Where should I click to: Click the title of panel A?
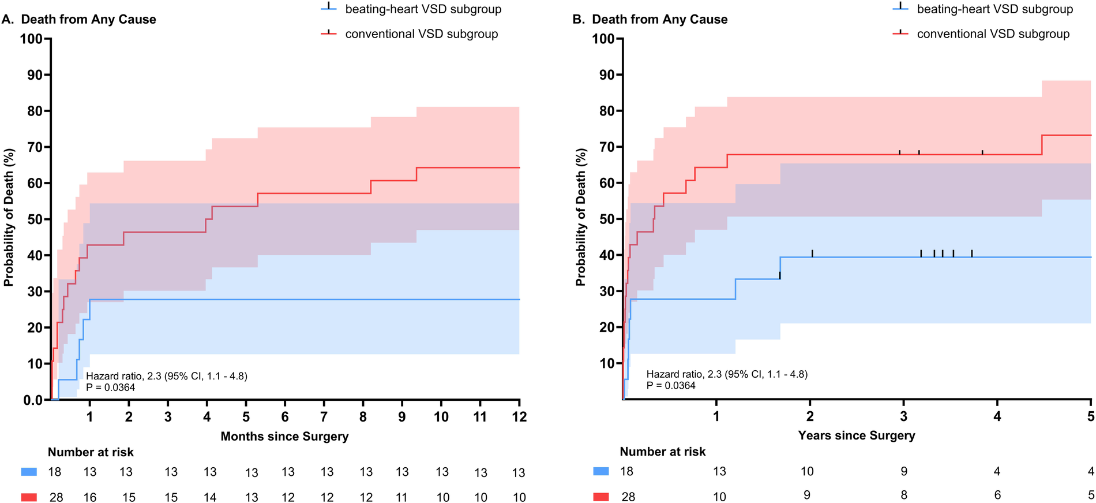[x=79, y=20]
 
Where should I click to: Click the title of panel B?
[x=650, y=20]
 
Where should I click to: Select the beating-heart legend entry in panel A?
[x=423, y=9]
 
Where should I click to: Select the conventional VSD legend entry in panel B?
[x=993, y=34]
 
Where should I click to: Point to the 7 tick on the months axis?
[x=324, y=416]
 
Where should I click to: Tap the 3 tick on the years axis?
[x=903, y=416]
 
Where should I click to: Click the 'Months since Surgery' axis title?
[x=284, y=437]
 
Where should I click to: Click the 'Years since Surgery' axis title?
[x=856, y=435]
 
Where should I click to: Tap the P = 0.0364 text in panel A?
[x=111, y=388]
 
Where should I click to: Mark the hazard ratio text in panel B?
[x=727, y=374]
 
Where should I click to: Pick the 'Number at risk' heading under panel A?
[x=91, y=452]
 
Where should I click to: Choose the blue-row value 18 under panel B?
[x=626, y=472]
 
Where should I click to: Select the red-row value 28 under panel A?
[x=56, y=497]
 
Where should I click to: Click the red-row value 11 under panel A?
[x=401, y=497]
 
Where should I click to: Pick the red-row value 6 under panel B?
[x=997, y=495]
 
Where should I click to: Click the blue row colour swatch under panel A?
[x=29, y=472]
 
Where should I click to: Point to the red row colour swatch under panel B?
[x=600, y=497]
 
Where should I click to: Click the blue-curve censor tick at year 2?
[x=812, y=253]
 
